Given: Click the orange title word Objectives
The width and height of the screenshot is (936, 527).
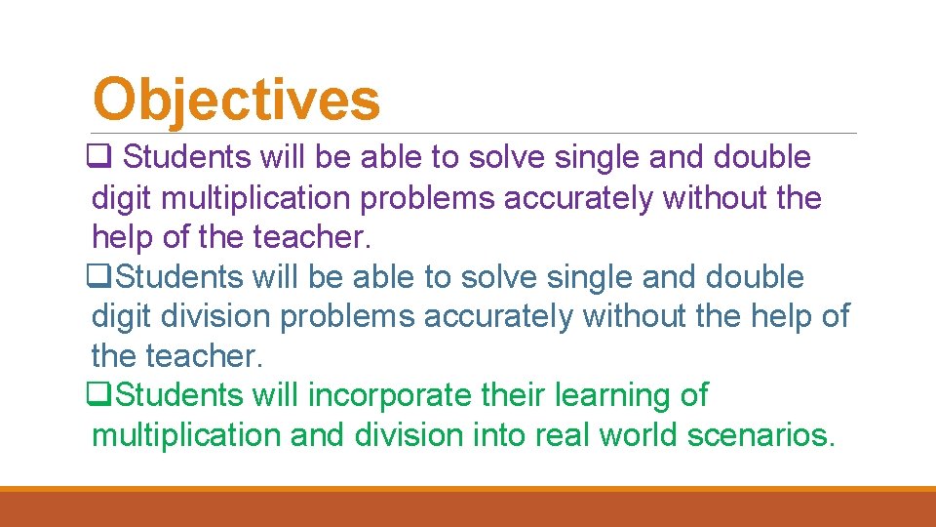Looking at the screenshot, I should (x=236, y=101).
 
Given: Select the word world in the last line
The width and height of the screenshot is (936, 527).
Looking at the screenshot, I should (x=640, y=435).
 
